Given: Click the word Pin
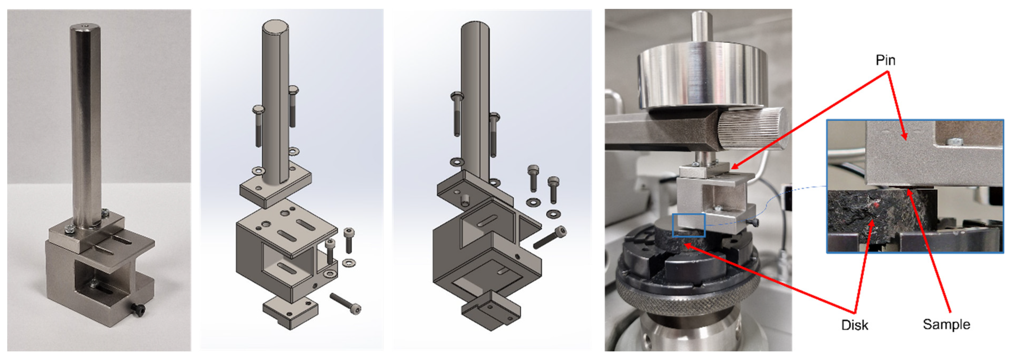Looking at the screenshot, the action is click(885, 60).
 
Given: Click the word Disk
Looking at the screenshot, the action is click(855, 325).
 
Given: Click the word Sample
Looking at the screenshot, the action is click(946, 325).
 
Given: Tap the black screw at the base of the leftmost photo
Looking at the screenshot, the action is click(139, 309).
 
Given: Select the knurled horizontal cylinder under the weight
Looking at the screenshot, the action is click(752, 128).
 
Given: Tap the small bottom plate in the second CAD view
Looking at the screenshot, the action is click(290, 312).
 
